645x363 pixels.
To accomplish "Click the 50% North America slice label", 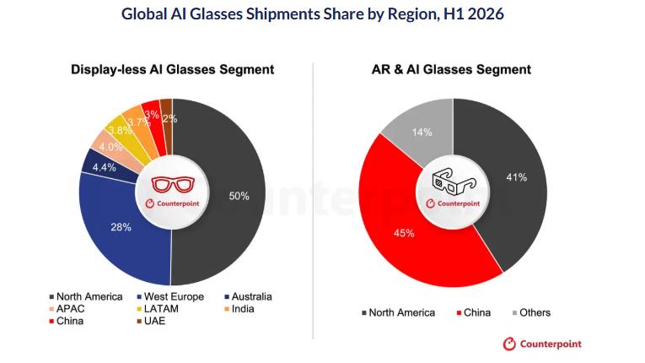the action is click(x=239, y=196).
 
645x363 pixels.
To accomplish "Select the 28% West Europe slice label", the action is click(x=121, y=227).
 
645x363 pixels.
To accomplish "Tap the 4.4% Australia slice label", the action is click(x=104, y=167).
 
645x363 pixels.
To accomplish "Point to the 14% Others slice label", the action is click(x=422, y=133).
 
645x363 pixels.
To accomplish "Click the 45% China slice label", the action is click(x=404, y=233).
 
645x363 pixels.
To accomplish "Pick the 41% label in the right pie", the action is click(x=517, y=177).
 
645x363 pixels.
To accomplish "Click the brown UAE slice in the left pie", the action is click(x=167, y=120).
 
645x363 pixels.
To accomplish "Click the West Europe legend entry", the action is click(x=170, y=296).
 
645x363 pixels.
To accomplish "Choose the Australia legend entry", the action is click(x=248, y=296).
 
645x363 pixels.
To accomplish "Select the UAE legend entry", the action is click(x=151, y=321).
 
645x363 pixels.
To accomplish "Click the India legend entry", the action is click(x=239, y=309).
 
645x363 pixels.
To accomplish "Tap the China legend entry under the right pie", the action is click(x=474, y=312).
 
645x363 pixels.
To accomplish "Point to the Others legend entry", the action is click(x=531, y=312).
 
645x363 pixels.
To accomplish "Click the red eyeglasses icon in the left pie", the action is click(x=173, y=184).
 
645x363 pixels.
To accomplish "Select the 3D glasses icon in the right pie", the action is click(x=454, y=181).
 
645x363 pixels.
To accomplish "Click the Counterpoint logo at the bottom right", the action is click(x=542, y=344).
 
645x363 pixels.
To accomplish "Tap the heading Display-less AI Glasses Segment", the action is click(x=172, y=69).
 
